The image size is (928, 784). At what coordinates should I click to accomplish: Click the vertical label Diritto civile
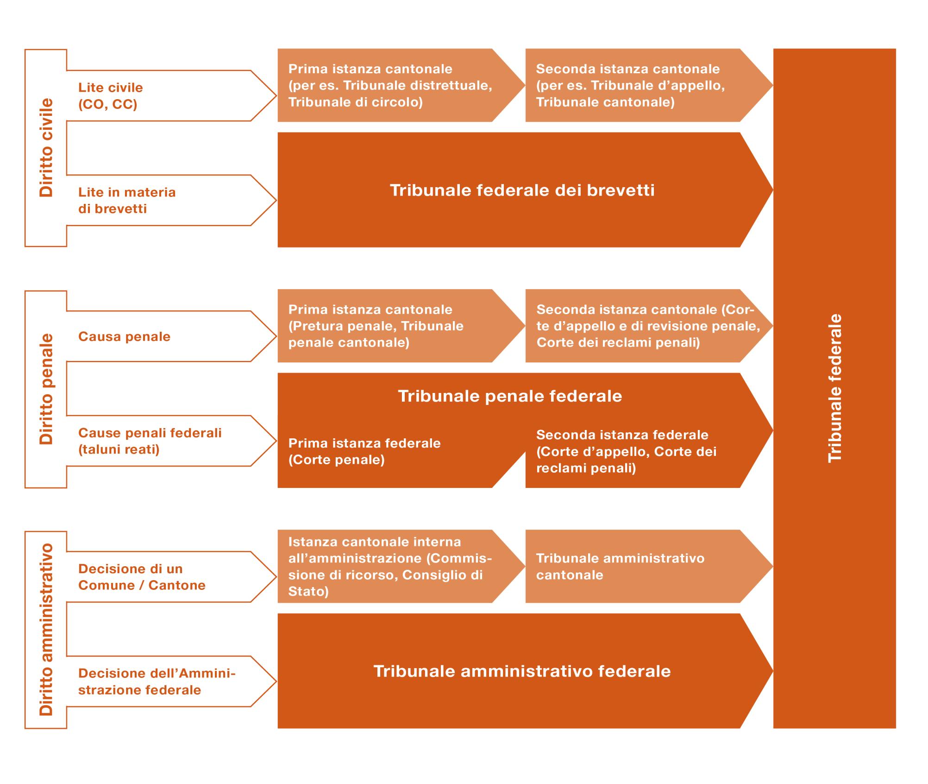(x=46, y=148)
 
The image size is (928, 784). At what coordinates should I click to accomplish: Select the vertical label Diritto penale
(x=46, y=389)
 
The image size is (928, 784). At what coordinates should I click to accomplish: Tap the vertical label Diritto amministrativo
(x=46, y=630)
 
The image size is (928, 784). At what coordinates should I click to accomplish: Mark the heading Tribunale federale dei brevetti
(x=522, y=190)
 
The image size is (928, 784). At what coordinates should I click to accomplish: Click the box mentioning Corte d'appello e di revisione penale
(x=644, y=326)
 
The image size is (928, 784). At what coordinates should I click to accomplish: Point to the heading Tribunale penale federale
(x=510, y=396)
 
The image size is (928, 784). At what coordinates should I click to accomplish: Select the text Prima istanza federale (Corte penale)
(x=364, y=451)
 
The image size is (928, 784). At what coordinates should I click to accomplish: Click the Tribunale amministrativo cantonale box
(x=621, y=566)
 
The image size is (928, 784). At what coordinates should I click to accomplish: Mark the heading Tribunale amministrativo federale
(x=522, y=671)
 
